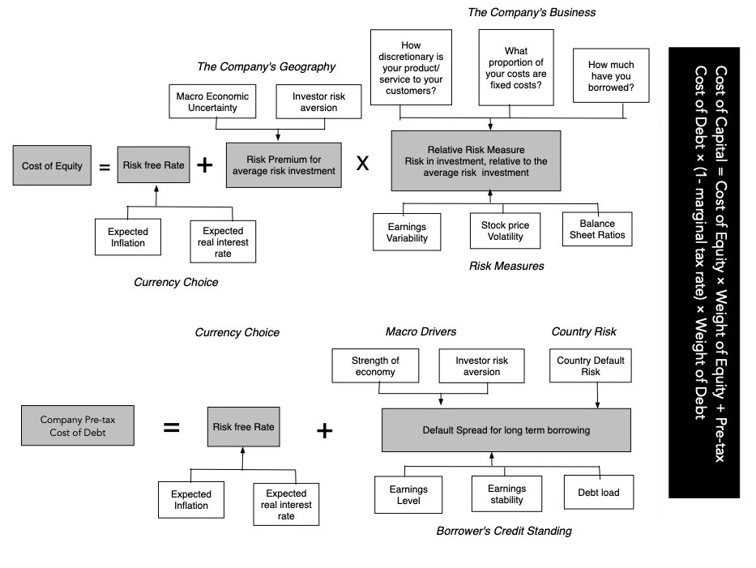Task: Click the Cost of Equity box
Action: point(52,165)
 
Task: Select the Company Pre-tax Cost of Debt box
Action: point(78,425)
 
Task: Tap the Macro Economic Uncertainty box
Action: point(212,102)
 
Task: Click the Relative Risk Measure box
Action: point(476,160)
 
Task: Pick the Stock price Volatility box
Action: point(505,231)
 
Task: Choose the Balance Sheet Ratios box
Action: point(597,229)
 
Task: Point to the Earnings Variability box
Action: point(407,232)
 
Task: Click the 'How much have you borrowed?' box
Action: point(611,75)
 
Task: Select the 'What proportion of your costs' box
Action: point(516,67)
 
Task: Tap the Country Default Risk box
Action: point(590,366)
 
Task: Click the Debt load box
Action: point(598,493)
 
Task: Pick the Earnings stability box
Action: point(506,493)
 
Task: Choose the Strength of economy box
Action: point(375,366)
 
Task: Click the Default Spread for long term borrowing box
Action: point(506,430)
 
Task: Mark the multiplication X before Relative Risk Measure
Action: point(362,164)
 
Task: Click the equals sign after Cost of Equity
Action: point(105,167)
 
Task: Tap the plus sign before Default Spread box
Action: point(324,430)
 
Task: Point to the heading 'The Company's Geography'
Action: point(266,66)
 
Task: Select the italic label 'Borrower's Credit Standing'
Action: point(504,531)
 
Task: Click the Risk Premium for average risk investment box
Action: point(284,165)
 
